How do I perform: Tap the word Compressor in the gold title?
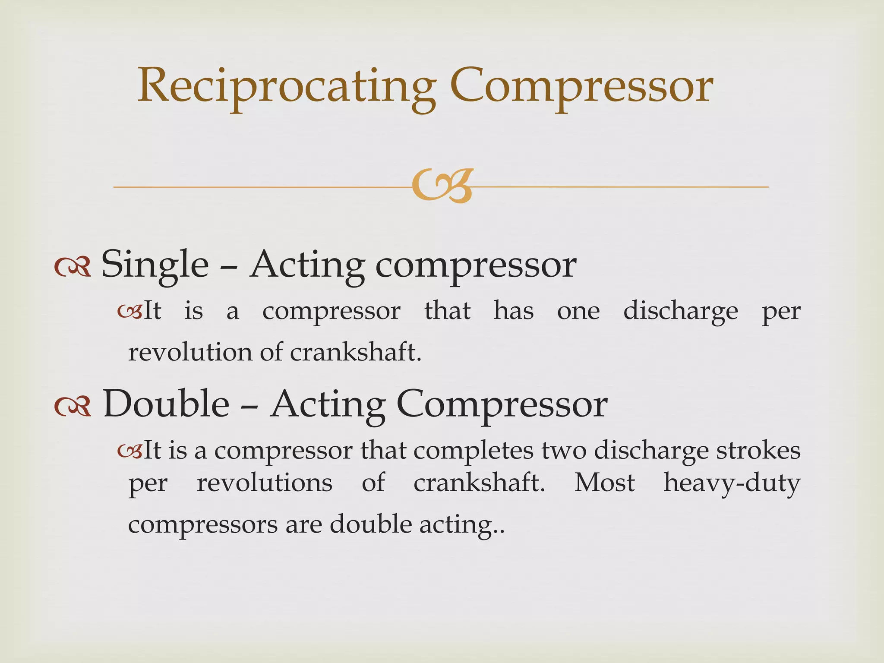(x=581, y=86)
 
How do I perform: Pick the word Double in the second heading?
(x=166, y=404)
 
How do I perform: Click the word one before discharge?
(x=578, y=311)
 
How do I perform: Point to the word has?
(x=514, y=311)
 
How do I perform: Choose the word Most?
(x=604, y=483)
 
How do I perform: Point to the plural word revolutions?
(x=265, y=483)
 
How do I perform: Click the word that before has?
(x=447, y=311)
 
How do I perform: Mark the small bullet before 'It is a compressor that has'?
(x=129, y=311)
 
